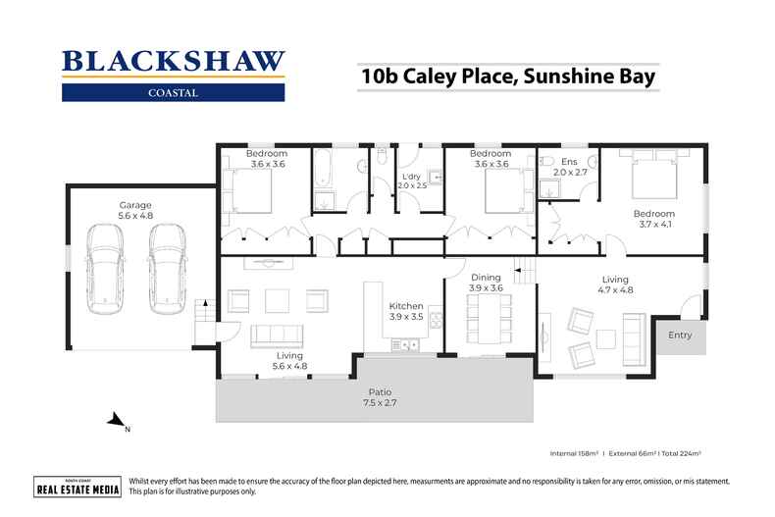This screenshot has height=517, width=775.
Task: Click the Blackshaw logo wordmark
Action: tap(173, 62)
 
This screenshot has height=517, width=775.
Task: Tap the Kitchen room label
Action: tap(405, 312)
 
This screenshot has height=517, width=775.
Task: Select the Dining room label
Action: tap(487, 282)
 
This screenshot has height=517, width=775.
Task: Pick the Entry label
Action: tap(679, 336)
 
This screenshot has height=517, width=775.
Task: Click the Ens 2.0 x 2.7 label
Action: tap(570, 166)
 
